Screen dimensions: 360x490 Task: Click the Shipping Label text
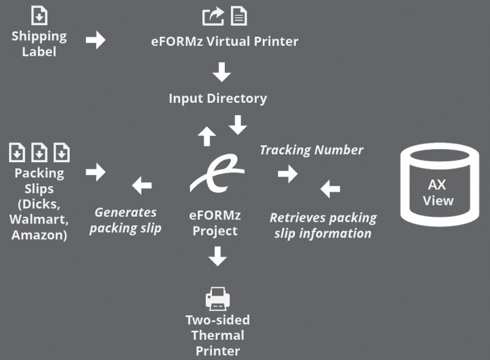click(39, 43)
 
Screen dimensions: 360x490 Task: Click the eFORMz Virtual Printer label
click(225, 42)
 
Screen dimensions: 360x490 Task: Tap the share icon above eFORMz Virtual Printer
click(213, 17)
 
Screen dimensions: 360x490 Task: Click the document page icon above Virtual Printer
click(239, 17)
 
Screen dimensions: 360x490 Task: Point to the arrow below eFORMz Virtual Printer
click(221, 72)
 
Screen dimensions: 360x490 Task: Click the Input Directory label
click(218, 98)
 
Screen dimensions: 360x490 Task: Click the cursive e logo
click(217, 173)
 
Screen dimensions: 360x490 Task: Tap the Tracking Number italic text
click(311, 150)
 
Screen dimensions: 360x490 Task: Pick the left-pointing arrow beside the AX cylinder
click(330, 189)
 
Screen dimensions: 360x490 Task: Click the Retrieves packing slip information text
click(323, 225)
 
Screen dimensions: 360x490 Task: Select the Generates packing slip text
click(126, 220)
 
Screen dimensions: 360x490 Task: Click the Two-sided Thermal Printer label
click(217, 336)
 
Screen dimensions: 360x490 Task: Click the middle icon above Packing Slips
click(39, 151)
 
